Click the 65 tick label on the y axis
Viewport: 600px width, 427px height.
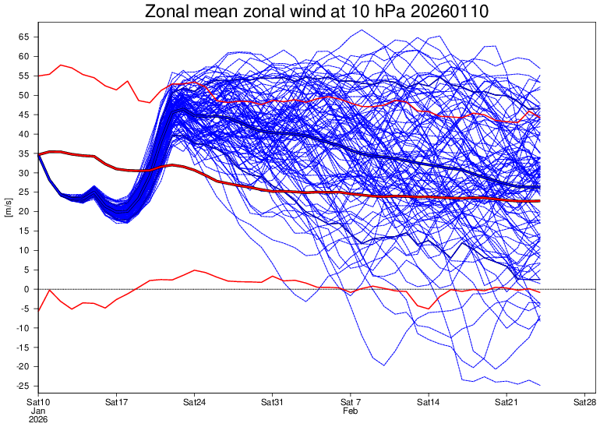[x=23, y=37]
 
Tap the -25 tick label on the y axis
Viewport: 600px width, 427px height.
[x=22, y=386]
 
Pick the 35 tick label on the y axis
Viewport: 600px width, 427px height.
[x=23, y=154]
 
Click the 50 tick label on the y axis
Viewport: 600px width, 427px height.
[x=23, y=95]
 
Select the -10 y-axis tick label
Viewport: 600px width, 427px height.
[x=22, y=328]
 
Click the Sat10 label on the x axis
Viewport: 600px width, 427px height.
[x=38, y=402]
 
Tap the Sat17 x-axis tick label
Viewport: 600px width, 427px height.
[x=116, y=402]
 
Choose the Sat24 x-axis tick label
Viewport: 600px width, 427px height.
[x=194, y=402]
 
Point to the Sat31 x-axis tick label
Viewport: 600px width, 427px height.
[x=272, y=402]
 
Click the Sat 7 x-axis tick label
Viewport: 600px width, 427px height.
[x=351, y=402]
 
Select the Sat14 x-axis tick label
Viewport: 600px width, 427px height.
[x=429, y=402]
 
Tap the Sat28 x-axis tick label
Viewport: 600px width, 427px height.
[x=584, y=402]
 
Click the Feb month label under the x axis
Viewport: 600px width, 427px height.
[x=351, y=411]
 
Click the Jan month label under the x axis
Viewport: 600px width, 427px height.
[x=38, y=411]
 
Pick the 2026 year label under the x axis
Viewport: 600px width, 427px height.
[x=38, y=419]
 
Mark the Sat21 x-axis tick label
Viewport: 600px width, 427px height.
[x=506, y=402]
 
